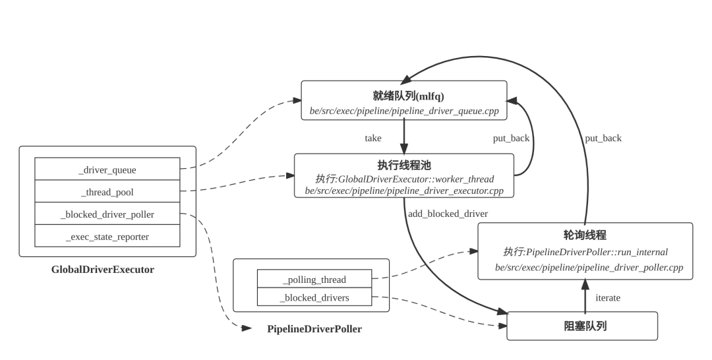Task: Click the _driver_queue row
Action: coord(107,169)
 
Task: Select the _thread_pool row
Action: coord(107,192)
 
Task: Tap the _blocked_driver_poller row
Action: coord(107,214)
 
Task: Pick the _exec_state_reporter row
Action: coord(107,237)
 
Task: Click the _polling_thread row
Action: coord(314,280)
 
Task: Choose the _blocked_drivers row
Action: coord(314,297)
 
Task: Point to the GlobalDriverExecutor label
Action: coord(102,269)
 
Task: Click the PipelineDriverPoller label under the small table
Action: coord(314,328)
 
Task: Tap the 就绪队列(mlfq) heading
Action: coord(403,96)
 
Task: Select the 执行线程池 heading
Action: coord(403,165)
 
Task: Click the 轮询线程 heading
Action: coord(585,235)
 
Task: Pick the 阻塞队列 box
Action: coord(582,326)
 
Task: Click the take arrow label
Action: coord(373,138)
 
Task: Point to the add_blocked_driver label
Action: coord(448,214)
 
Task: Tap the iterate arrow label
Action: coord(607,297)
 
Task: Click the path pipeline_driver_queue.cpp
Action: coord(404,111)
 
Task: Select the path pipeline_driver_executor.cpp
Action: coord(404,191)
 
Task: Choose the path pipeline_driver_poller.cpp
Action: coord(589,268)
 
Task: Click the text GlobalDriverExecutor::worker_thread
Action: coord(415,179)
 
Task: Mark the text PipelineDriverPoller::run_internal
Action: coord(596,252)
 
